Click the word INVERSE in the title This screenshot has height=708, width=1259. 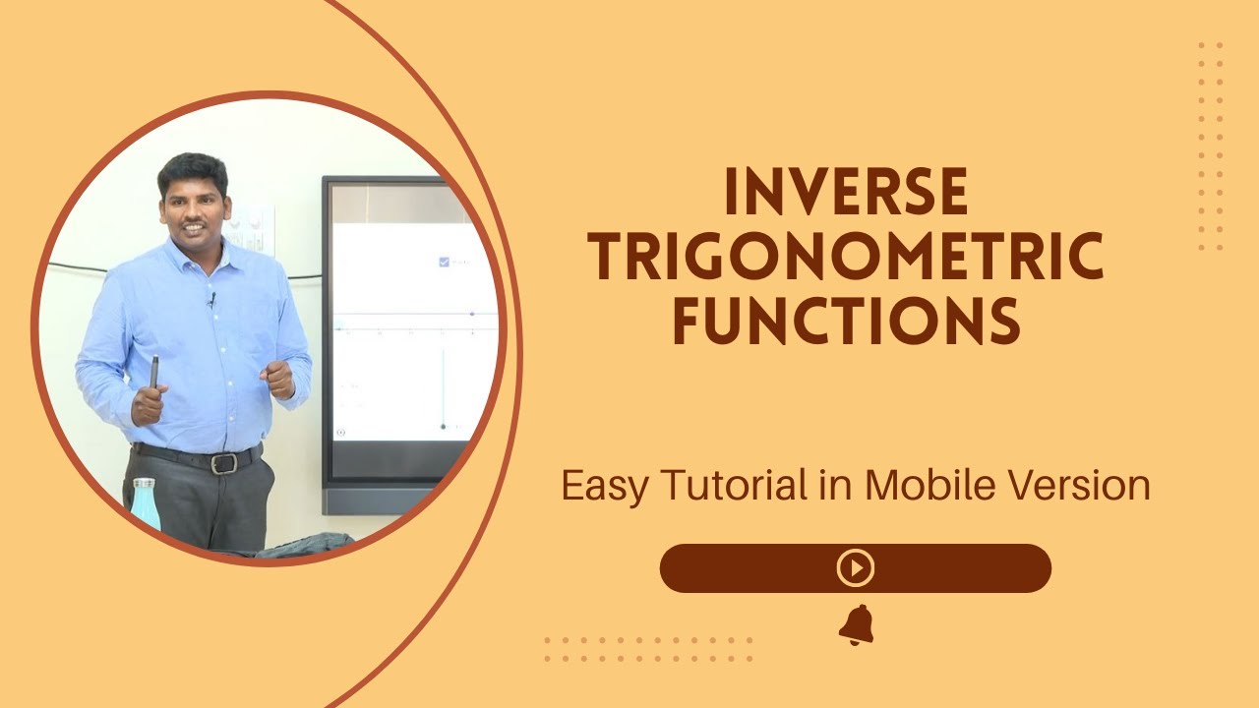[846, 193]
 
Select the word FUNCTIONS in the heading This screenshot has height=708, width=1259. [846, 323]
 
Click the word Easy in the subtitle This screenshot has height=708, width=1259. [602, 486]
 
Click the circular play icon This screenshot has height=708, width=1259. [855, 568]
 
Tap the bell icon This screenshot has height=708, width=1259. [856, 625]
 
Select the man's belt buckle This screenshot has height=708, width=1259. [223, 463]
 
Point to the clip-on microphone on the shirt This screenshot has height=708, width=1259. [210, 298]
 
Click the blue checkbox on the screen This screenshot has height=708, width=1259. [444, 262]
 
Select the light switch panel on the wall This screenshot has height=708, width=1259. [252, 228]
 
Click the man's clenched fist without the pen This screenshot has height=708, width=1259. [279, 379]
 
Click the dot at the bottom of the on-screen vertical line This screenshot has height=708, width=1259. [444, 426]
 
